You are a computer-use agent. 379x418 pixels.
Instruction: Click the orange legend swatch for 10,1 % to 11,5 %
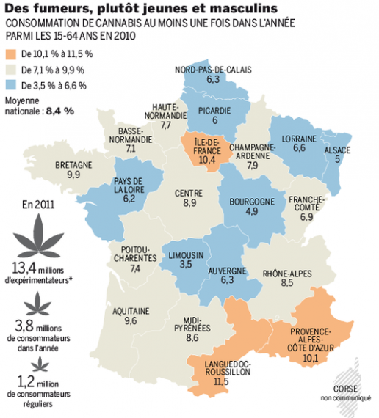point(11,54)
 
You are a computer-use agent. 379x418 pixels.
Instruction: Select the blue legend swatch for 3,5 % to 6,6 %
point(11,86)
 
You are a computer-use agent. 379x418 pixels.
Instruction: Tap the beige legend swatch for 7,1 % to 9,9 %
point(11,70)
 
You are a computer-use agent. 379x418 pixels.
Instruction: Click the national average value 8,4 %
point(60,111)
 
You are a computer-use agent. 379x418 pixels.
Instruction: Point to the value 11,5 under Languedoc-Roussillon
point(221,381)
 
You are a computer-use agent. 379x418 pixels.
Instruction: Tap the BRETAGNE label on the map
point(73,165)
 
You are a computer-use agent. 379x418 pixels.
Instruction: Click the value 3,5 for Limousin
point(186,265)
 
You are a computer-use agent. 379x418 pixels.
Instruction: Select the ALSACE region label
point(337,150)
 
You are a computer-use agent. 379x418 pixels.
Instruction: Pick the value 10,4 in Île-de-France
point(207,160)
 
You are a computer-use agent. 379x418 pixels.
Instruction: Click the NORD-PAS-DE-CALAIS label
point(213,70)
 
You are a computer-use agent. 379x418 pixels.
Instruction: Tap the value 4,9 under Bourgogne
point(252,211)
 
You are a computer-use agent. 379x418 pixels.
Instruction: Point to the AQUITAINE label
point(131,312)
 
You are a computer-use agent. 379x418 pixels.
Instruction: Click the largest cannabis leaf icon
point(38,236)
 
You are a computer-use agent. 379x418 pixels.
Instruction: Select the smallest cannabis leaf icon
point(40,364)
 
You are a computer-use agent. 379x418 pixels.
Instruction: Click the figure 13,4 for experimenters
point(24,268)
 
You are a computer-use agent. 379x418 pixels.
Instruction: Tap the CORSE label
point(345,389)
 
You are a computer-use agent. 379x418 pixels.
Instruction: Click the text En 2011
point(38,205)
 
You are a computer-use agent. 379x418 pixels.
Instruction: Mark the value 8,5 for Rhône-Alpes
point(287,282)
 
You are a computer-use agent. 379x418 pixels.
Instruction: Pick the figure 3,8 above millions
point(24,326)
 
